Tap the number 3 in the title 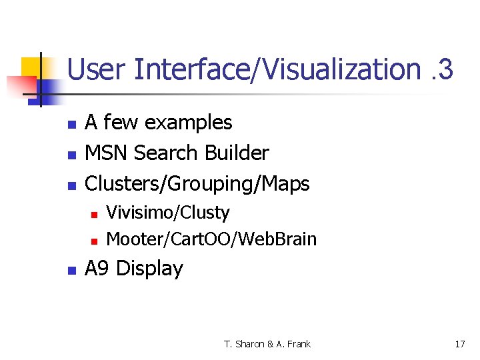coord(446,69)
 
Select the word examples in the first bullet coord(188,123)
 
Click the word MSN coord(107,153)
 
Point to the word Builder coord(237,153)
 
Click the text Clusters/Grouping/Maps coord(197,184)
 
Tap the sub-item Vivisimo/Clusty coord(168,213)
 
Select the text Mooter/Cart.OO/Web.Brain coord(211,239)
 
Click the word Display coord(149,269)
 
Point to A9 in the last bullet coord(97,269)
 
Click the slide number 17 coord(459,344)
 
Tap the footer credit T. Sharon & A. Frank coord(267,344)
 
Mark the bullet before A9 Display coord(70,271)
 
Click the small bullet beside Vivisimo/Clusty coord(94,215)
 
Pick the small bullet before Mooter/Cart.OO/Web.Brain coord(94,240)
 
